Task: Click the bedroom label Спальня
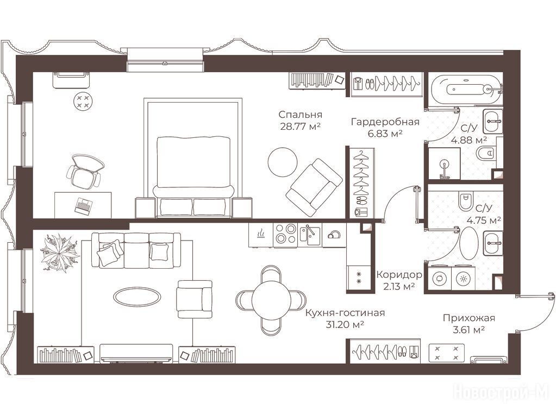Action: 301,115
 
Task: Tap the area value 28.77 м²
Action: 301,127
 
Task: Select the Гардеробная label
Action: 385,122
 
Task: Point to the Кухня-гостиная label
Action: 345,313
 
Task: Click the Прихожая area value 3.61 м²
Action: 469,330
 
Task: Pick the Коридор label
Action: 399,275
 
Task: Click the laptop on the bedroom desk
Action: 84,206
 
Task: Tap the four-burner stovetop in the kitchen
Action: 285,234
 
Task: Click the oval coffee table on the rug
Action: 136,295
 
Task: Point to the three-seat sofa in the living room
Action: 136,250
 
